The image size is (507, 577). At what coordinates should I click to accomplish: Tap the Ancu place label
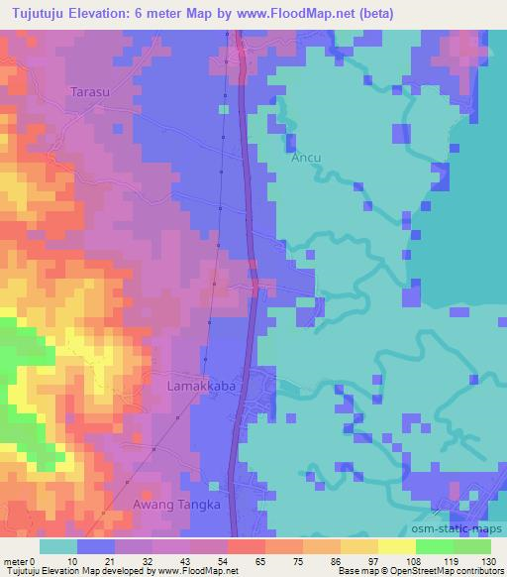click(x=305, y=157)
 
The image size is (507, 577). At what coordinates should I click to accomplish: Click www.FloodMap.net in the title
click(x=311, y=12)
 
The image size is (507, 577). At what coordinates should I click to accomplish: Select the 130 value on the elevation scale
click(x=489, y=560)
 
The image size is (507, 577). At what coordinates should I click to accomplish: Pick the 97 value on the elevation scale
click(x=377, y=560)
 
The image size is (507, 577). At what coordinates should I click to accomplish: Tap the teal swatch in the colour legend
click(x=58, y=546)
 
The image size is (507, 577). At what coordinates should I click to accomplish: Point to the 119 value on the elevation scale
click(x=451, y=560)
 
